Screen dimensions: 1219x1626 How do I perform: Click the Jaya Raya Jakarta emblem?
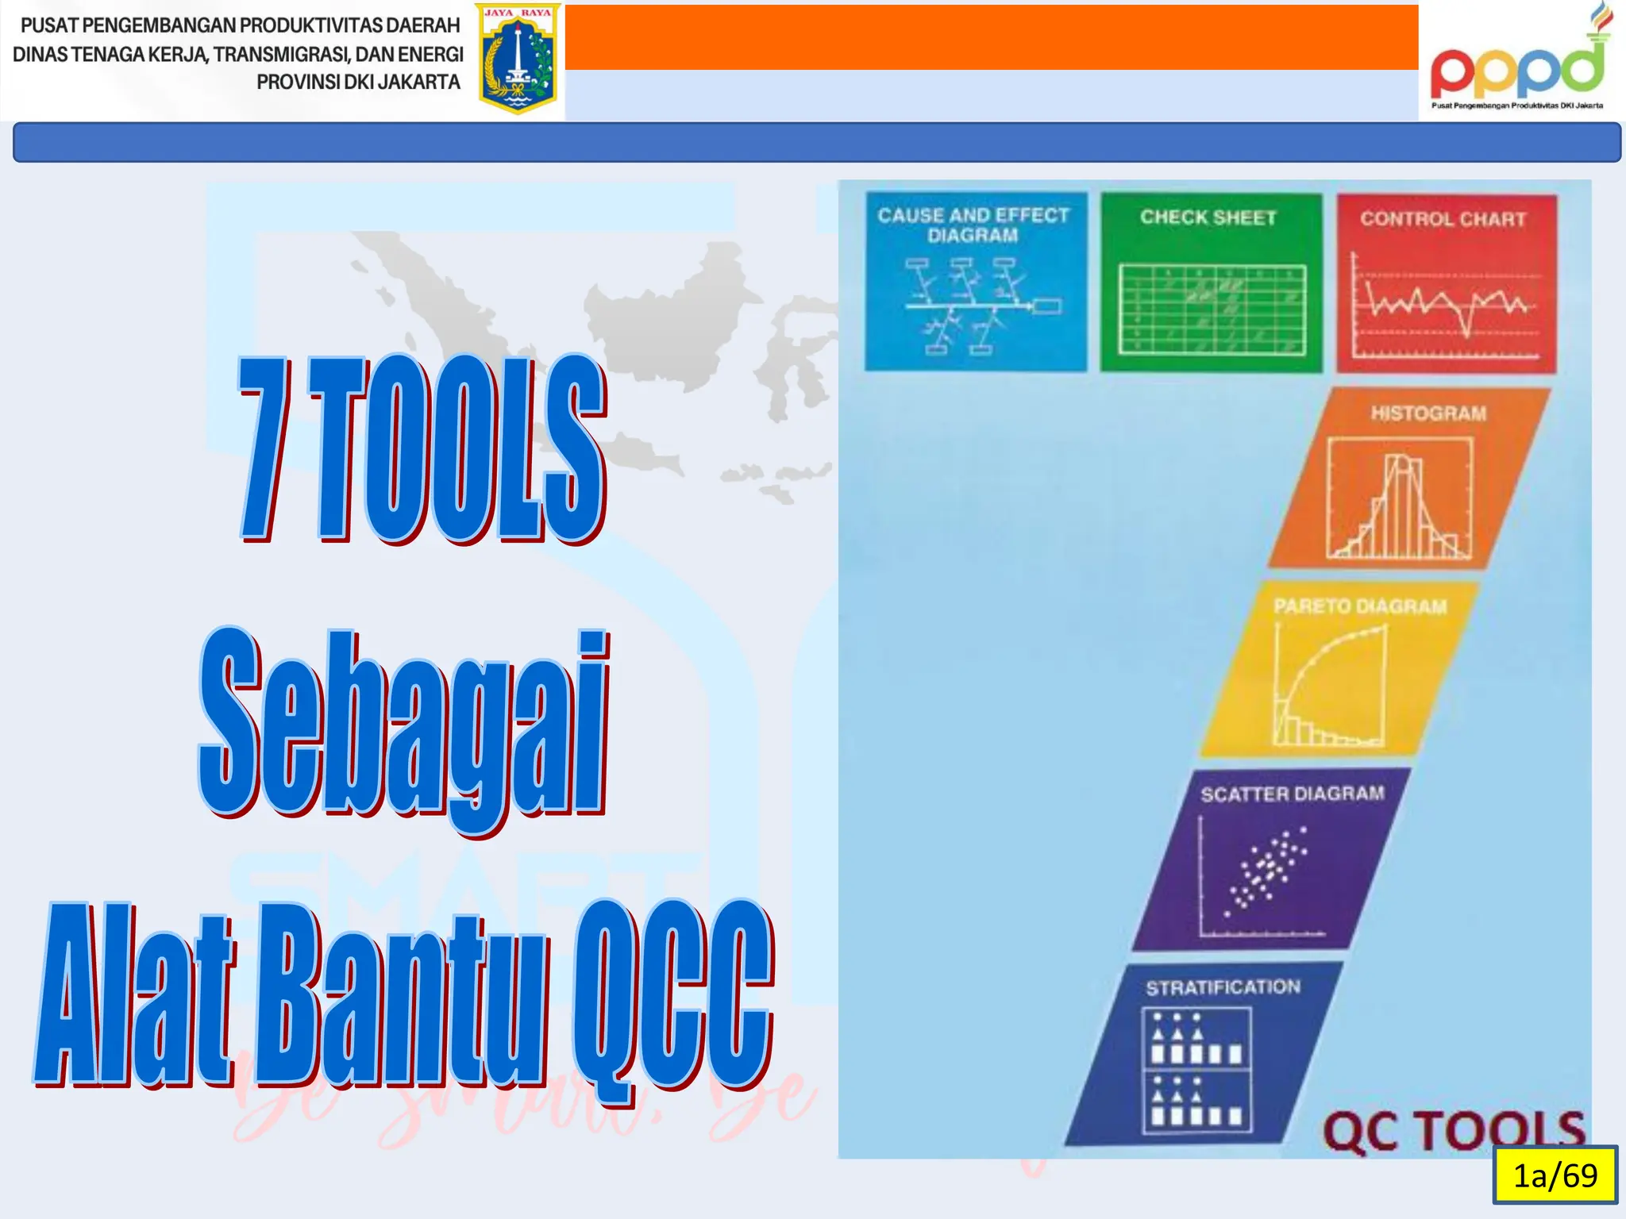point(518,60)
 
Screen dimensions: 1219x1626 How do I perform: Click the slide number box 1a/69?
point(1555,1175)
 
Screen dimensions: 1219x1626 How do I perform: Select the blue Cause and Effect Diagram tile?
point(975,281)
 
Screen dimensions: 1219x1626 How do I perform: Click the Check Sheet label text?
point(1208,217)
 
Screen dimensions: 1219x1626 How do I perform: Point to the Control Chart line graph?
point(1445,306)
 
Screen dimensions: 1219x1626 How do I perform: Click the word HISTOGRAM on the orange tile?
point(1428,413)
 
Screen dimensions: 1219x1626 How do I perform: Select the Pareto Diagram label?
point(1360,606)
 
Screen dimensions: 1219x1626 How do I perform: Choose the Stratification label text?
point(1223,987)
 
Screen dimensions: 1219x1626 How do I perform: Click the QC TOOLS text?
point(1453,1130)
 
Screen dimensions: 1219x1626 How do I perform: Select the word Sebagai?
point(403,726)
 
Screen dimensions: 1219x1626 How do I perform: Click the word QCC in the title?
point(671,996)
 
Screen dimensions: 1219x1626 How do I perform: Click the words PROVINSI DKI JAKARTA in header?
point(358,83)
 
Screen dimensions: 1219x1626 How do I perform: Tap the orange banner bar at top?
point(991,37)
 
